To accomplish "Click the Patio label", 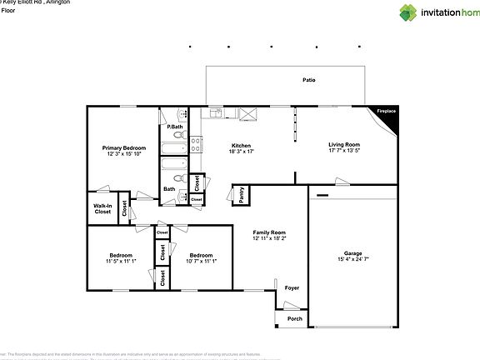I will [308, 80].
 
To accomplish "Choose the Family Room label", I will [269, 232].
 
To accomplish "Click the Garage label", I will [353, 253].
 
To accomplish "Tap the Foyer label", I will [292, 288].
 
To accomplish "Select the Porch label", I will [294, 318].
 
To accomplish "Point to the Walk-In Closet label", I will [102, 209].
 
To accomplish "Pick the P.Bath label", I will [174, 127].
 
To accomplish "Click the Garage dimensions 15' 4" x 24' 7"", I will [353, 260].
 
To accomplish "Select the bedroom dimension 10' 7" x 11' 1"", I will [202, 262].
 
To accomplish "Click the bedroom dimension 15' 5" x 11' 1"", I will [121, 262].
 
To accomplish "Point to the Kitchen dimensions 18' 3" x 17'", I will [241, 152].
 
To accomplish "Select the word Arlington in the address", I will [57, 2].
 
